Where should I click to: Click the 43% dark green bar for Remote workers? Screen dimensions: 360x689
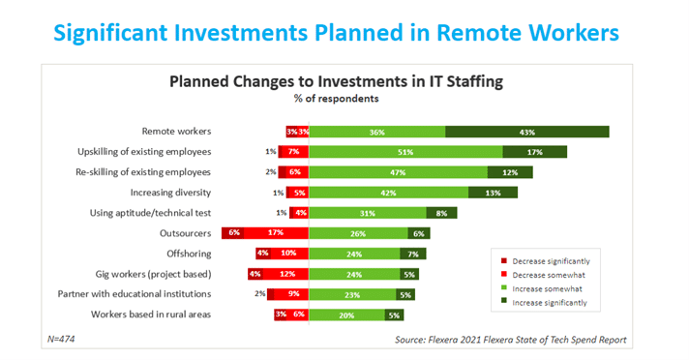(x=526, y=132)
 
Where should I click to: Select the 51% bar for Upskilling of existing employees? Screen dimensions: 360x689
(x=405, y=152)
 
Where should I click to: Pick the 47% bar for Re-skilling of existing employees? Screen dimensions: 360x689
(x=398, y=172)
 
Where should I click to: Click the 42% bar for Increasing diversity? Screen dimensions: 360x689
(x=388, y=193)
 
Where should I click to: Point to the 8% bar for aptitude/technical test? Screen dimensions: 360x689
(x=441, y=213)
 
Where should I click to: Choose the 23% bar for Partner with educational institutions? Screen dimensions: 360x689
(x=349, y=294)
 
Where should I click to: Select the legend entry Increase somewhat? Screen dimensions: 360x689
(x=549, y=289)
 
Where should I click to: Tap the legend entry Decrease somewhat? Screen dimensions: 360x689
(x=549, y=275)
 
